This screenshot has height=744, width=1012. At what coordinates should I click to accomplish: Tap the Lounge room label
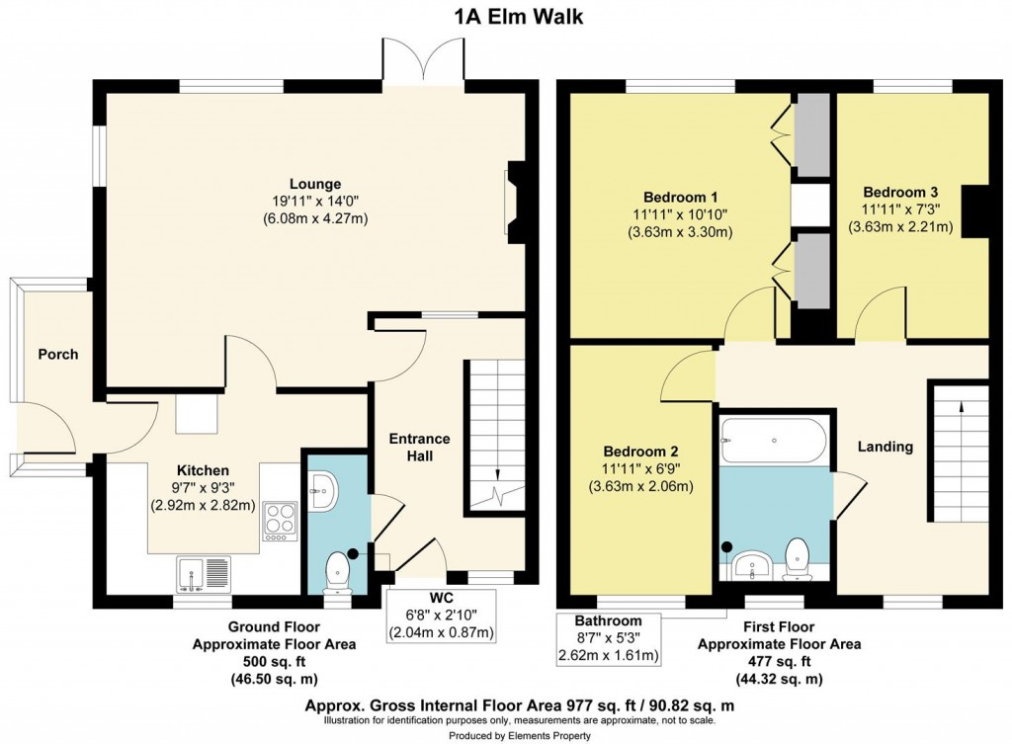coord(315,184)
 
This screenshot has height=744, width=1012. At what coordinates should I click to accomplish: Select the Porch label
coord(57,354)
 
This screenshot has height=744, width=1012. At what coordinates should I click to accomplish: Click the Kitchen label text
coord(204,470)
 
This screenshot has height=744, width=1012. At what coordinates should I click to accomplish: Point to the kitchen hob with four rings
coord(280,520)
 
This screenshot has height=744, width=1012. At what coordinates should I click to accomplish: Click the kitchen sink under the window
coord(204,572)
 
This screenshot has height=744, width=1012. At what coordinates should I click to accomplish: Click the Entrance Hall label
coord(419,447)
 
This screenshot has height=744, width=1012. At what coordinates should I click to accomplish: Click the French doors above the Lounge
coord(423,60)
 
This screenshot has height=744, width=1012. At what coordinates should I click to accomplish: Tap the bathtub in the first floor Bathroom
coord(774,440)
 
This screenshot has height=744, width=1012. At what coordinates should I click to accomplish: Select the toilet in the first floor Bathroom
coord(797,559)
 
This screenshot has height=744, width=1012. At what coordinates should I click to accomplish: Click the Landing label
coord(885,447)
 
